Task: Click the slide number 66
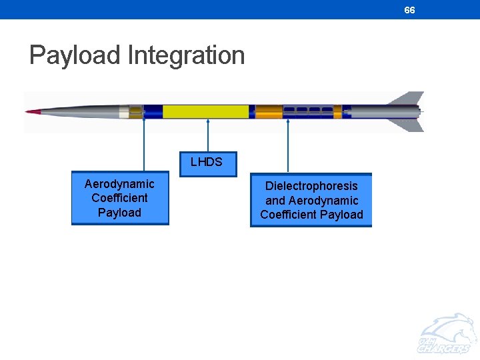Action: pyautogui.click(x=409, y=10)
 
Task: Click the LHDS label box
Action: pyautogui.click(x=208, y=163)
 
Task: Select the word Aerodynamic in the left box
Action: pyautogui.click(x=119, y=183)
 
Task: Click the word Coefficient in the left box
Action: pyautogui.click(x=119, y=198)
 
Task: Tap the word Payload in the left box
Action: pyautogui.click(x=119, y=213)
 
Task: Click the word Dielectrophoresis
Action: pyautogui.click(x=311, y=186)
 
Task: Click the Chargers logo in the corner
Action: pyautogui.click(x=445, y=337)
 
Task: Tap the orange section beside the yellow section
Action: pyautogui.click(x=269, y=111)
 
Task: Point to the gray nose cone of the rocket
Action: pyautogui.click(x=80, y=111)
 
